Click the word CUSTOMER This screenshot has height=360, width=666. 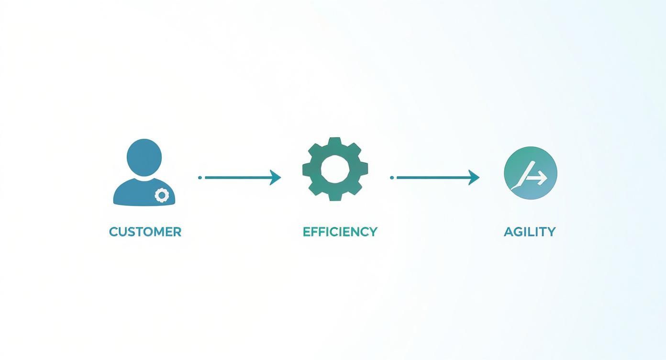[145, 232]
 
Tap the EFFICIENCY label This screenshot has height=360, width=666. [340, 232]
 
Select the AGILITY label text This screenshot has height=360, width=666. [530, 232]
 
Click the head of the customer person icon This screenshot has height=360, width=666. [144, 157]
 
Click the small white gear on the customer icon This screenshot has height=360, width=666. [162, 195]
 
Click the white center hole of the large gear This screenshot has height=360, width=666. [335, 169]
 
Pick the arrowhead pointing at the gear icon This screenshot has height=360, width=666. [275, 178]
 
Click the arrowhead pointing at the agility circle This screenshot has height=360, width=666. [474, 178]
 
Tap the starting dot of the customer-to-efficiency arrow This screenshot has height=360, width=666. [200, 178]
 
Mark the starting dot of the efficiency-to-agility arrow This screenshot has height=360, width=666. [392, 178]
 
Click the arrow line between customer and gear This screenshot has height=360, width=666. [237, 178]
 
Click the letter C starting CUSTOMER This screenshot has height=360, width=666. [113, 232]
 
